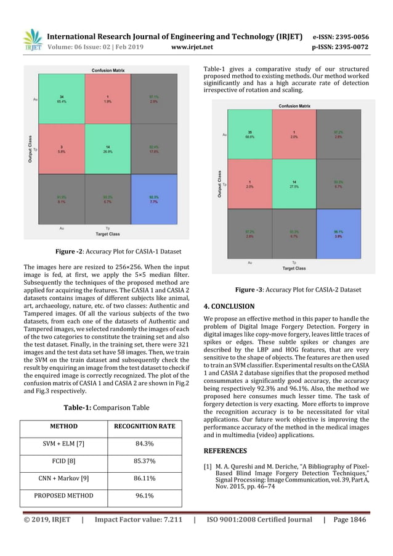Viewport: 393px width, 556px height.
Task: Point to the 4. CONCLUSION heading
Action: click(x=229, y=306)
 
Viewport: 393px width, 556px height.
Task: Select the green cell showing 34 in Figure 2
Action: click(x=62, y=99)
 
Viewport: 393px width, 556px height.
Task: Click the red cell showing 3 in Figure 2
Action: click(x=62, y=149)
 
